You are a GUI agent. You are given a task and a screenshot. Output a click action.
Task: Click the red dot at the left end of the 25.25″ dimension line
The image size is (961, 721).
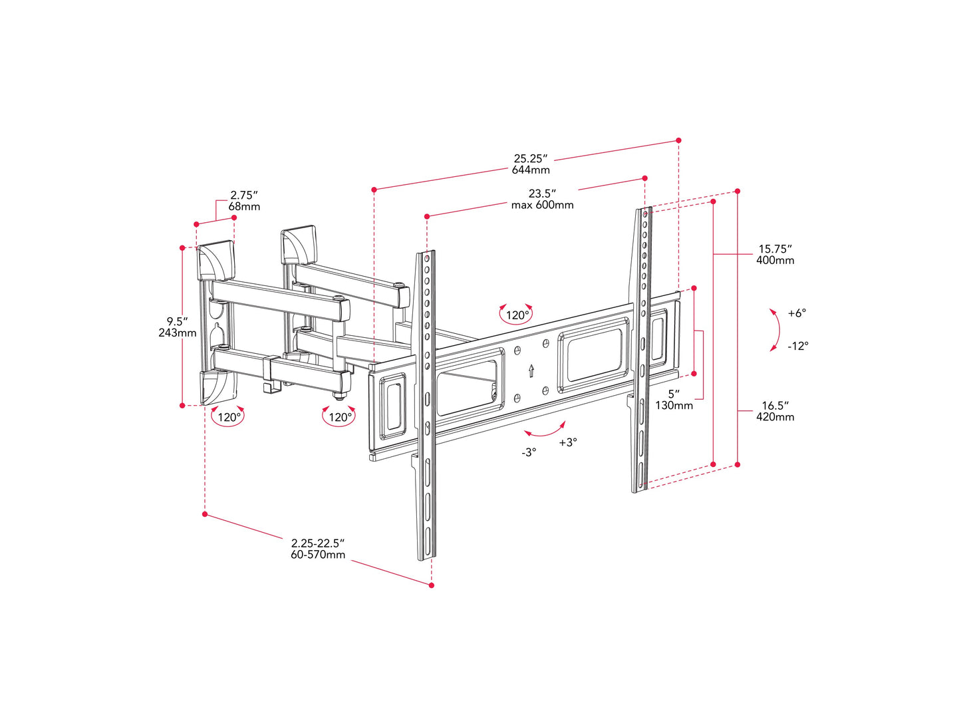coord(374,190)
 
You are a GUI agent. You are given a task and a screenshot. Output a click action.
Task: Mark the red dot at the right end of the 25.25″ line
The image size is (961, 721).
coord(678,140)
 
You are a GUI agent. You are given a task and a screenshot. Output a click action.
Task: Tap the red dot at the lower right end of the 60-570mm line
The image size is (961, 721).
coord(431,585)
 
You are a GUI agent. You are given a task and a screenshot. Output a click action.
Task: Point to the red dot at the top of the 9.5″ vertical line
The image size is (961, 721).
coord(183,248)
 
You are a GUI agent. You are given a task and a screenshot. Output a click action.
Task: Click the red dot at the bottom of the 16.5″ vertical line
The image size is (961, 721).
coord(738,464)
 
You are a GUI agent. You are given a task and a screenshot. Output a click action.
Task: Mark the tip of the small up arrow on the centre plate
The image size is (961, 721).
coord(531,364)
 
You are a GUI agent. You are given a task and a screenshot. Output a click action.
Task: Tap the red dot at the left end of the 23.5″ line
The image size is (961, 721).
coord(427,216)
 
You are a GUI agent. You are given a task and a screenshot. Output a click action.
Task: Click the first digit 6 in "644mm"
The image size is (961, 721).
coord(515,170)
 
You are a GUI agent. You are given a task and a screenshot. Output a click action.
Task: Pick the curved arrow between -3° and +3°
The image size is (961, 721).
coord(546,431)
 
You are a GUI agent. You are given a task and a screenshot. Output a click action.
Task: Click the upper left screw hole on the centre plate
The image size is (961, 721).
coord(517,351)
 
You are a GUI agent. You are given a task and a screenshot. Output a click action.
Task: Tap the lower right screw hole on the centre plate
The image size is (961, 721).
coord(545,390)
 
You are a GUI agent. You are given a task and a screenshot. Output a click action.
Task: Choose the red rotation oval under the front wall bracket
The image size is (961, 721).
coord(227,416)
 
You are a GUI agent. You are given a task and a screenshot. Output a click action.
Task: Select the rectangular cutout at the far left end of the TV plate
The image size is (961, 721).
coord(392,406)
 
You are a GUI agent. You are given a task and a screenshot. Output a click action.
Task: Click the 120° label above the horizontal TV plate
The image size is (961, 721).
coord(517,315)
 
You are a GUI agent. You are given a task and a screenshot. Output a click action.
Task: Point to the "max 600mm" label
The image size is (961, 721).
coord(543,205)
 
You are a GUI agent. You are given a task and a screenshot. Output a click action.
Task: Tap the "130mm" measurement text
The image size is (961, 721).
coord(674,405)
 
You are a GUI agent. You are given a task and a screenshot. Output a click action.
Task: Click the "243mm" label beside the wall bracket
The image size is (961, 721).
coord(178,333)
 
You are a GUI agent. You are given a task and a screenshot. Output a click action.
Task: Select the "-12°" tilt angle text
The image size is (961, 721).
coord(797,347)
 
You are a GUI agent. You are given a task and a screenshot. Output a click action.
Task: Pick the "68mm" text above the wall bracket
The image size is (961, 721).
coord(244,207)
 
